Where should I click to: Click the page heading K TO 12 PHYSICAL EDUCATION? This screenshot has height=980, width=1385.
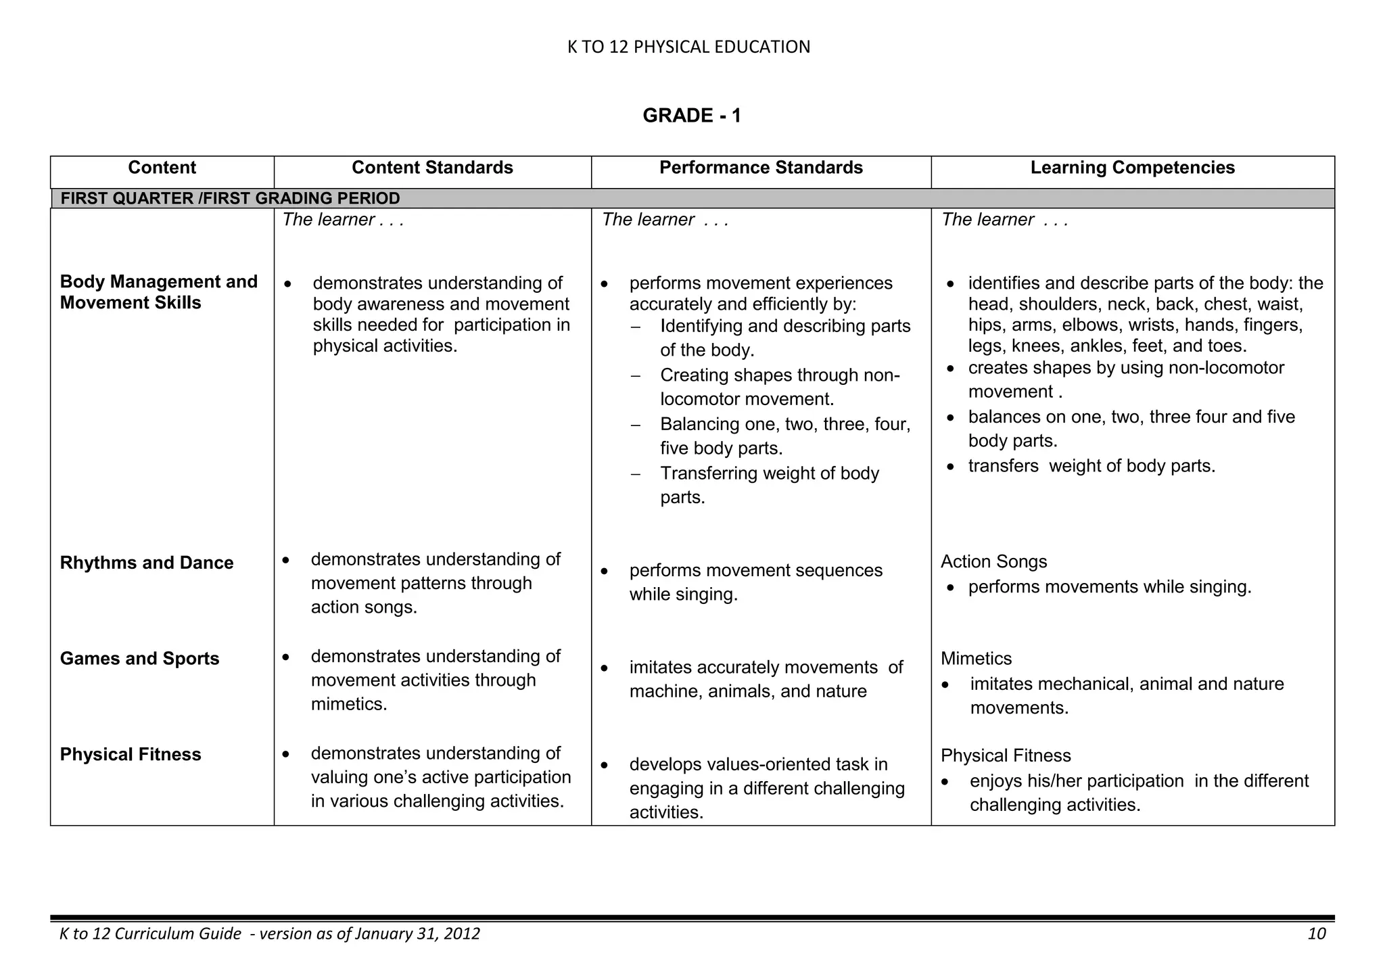tap(688, 47)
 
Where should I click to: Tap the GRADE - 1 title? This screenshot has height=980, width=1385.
tap(692, 116)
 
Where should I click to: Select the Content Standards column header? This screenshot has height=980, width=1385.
tap(432, 168)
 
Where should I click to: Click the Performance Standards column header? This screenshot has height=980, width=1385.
tap(761, 168)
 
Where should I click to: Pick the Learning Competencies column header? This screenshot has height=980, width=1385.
tap(1132, 168)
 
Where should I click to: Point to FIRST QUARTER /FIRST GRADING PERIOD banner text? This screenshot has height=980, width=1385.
tap(230, 198)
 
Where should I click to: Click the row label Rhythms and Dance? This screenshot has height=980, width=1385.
tap(147, 563)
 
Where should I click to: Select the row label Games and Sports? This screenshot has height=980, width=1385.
tap(139, 659)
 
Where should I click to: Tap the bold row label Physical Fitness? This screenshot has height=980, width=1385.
tap(131, 755)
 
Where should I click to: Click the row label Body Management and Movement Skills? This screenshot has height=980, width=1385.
tap(158, 292)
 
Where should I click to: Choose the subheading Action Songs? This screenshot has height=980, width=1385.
tap(993, 561)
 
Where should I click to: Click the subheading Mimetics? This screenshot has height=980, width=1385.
tap(976, 659)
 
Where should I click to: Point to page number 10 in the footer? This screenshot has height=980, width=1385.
tap(1316, 934)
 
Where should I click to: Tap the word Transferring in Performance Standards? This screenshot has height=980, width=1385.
tap(709, 473)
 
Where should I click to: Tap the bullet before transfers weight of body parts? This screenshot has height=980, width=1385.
tap(951, 467)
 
